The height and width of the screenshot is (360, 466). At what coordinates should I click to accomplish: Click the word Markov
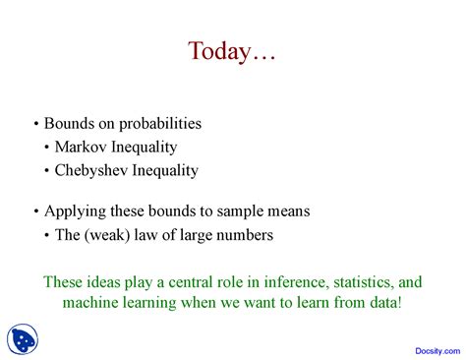click(84, 148)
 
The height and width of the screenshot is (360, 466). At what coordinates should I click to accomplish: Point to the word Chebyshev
click(96, 170)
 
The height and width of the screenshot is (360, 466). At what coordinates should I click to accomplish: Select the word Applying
click(74, 210)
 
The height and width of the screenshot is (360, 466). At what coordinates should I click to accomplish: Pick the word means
click(288, 210)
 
